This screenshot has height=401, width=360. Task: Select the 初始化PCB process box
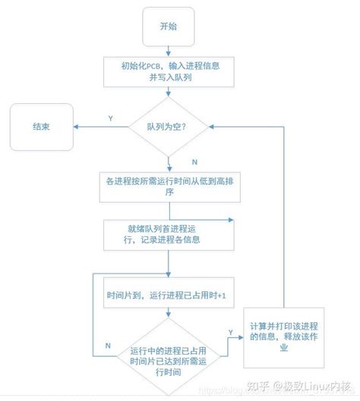click(x=168, y=71)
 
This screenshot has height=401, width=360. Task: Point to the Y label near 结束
click(x=111, y=118)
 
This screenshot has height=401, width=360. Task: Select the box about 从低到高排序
click(x=168, y=187)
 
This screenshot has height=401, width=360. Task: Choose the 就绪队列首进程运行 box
click(x=168, y=234)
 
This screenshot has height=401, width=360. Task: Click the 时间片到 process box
click(x=168, y=295)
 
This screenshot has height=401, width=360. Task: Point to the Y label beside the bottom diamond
click(x=229, y=331)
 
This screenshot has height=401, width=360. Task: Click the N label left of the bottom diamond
click(x=108, y=346)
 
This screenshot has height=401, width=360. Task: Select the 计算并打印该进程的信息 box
click(x=285, y=333)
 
